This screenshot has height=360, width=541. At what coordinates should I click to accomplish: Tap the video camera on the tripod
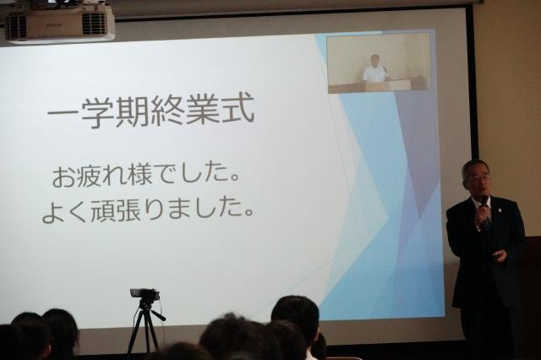[x=145, y=295]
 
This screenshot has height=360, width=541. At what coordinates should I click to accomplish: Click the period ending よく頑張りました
[x=249, y=213]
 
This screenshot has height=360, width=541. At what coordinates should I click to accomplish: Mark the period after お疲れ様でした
[x=235, y=179]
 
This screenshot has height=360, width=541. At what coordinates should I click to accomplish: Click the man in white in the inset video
[x=374, y=69]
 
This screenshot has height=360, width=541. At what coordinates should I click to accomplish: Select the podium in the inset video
[x=385, y=85]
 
